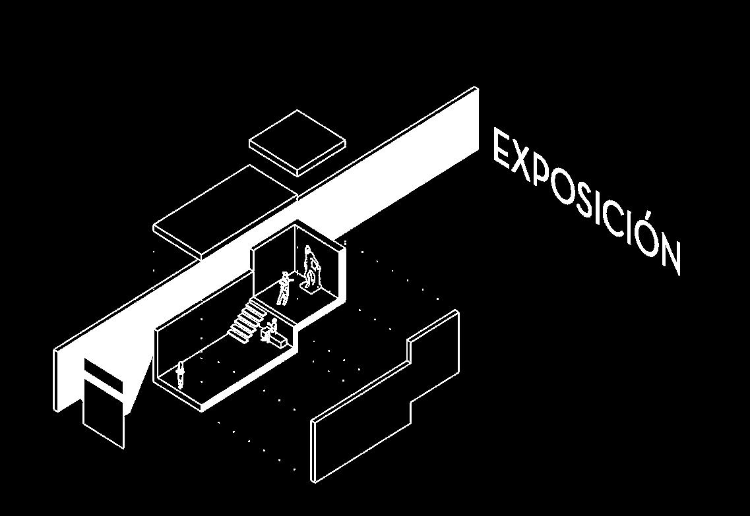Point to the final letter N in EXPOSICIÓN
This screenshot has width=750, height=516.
click(x=668, y=254)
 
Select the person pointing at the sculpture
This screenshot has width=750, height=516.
click(x=284, y=288)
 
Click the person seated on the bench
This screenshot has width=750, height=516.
click(x=270, y=328)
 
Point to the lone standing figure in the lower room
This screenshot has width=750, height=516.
click(x=181, y=374)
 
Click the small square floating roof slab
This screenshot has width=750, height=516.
click(x=297, y=142)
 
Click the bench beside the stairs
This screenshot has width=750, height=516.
click(x=276, y=339)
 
